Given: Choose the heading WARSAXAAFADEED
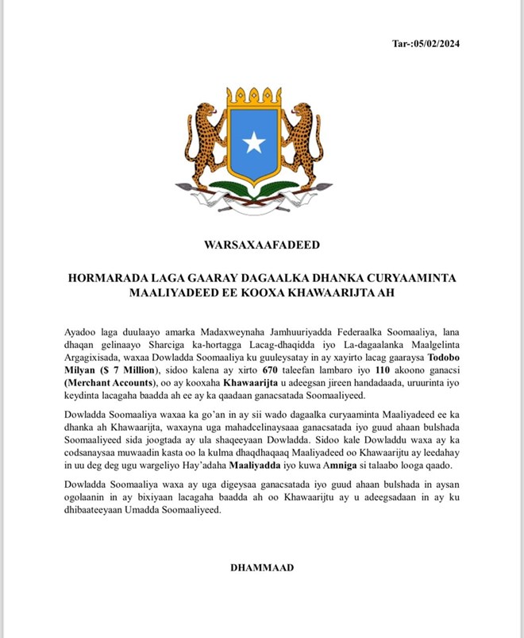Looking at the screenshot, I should pyautogui.click(x=261, y=245).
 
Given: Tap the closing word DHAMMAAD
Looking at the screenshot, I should pyautogui.click(x=261, y=568).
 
